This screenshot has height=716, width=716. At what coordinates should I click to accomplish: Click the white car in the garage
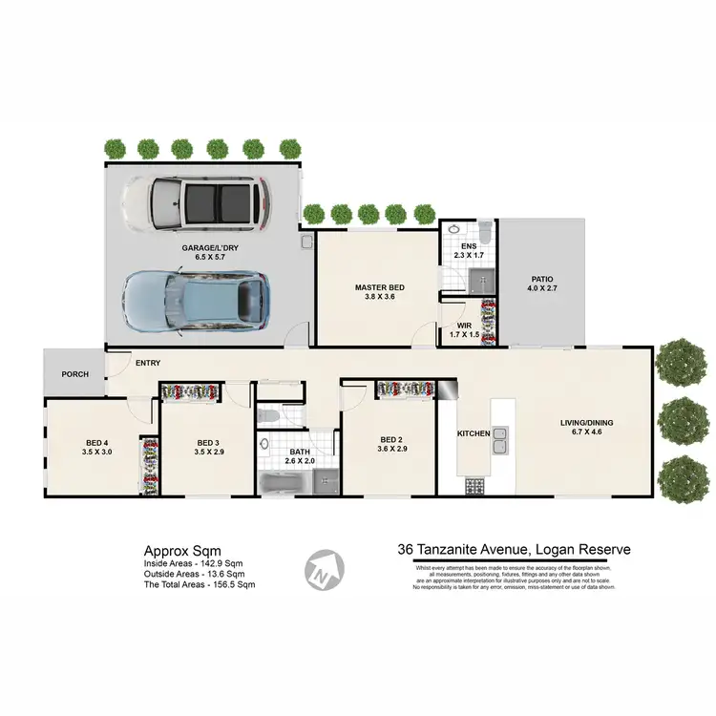pos(196,203)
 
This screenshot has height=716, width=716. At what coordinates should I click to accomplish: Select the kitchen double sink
pos(499,441)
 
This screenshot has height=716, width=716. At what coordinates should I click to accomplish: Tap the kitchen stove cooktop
pos(474,486)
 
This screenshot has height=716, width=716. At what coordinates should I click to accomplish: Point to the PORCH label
pos(74,374)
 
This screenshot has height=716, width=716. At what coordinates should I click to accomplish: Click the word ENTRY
pos(148,363)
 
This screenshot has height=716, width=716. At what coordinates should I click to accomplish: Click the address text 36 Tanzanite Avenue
pos(460,550)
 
